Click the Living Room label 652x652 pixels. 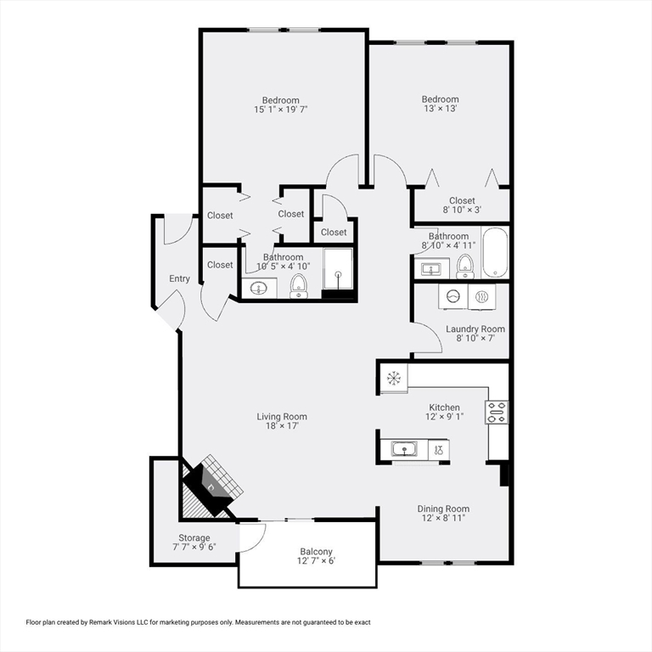(282, 417)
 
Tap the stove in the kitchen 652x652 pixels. (497, 412)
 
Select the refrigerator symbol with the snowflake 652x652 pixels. (394, 378)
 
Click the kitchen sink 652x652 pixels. (404, 449)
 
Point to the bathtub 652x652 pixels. (495, 253)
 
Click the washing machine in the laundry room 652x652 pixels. (452, 297)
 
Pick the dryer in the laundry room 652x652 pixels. (482, 297)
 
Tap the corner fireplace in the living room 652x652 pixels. (212, 486)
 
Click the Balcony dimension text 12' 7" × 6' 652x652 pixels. (316, 561)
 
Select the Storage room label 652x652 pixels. (194, 537)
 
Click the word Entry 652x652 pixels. (179, 278)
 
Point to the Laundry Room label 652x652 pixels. (475, 329)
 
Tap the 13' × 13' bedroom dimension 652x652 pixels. (441, 109)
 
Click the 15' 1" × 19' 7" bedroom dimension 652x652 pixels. (281, 110)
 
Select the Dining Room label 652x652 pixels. (443, 509)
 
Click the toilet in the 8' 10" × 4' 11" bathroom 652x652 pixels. (464, 267)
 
